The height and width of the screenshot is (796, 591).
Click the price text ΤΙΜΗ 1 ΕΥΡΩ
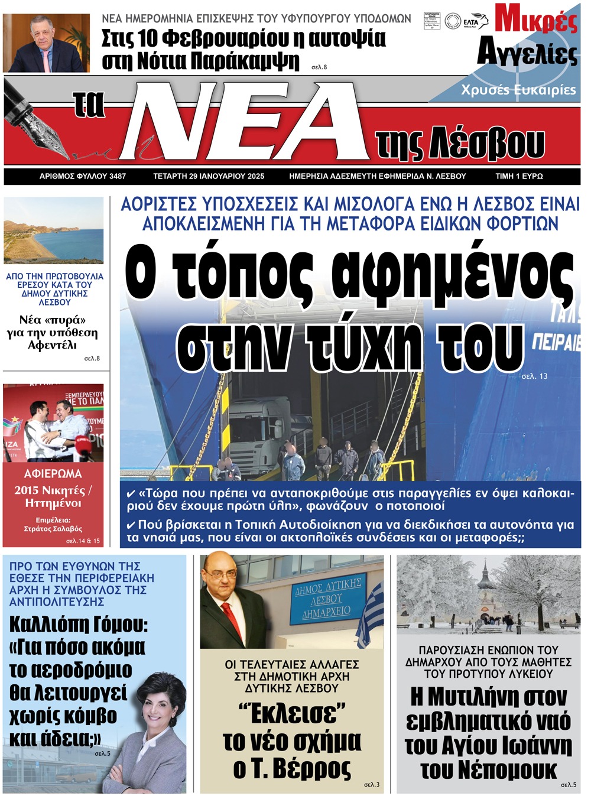519,176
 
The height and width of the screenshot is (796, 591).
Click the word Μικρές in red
535,20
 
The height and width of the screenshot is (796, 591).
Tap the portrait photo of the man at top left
46,43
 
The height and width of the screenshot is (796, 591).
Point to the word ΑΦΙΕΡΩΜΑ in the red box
53,474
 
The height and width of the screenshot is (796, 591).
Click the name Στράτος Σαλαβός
53,529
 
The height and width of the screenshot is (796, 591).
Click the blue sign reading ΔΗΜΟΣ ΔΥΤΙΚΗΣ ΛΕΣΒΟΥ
327,598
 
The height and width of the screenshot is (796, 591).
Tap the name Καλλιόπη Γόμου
79,625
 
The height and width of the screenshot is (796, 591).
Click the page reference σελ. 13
534,376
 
